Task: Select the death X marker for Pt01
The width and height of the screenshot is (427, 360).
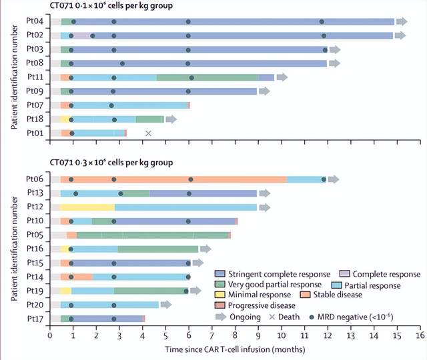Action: (148, 133)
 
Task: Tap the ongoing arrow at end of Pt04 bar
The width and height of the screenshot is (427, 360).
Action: (401, 21)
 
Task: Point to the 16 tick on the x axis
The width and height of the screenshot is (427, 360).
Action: (420, 337)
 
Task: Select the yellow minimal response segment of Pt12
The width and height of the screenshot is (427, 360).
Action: (87, 207)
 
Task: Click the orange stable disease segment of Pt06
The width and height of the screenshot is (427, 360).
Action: (173, 179)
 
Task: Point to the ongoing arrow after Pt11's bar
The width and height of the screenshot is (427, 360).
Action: (282, 77)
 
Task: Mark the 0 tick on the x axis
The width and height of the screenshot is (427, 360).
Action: (50, 337)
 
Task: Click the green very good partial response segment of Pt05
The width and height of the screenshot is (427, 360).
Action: (153, 235)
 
